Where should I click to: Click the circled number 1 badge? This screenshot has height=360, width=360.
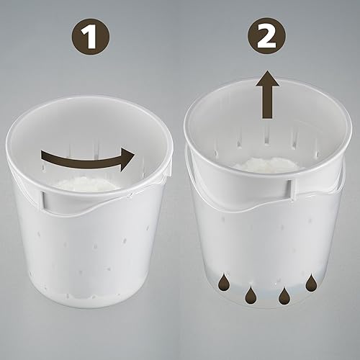tap(91, 37)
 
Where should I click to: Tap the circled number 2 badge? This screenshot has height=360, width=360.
tap(267, 37)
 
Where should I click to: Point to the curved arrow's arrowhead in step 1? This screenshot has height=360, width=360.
tap(127, 159)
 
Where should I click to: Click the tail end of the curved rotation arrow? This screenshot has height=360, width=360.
tap(42, 156)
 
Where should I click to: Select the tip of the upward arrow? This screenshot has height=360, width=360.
tap(267, 71)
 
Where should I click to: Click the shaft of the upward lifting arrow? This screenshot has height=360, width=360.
tap(268, 102)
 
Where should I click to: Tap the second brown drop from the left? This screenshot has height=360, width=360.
tap(250, 294)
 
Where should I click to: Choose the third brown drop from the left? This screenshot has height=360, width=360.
tap(284, 294)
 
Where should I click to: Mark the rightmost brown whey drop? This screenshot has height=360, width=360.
tap(311, 283)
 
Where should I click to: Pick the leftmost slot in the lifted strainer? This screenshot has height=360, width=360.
tap(216, 153)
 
